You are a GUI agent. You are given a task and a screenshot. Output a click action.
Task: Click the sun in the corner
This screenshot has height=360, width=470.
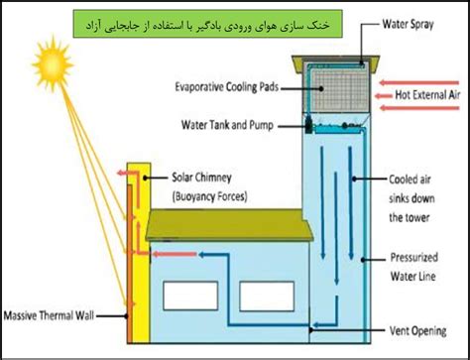click(53, 63)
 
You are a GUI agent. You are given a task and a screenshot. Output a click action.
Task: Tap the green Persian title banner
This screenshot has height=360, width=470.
click(207, 24)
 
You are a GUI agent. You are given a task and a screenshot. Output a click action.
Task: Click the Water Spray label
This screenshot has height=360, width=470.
click(408, 24)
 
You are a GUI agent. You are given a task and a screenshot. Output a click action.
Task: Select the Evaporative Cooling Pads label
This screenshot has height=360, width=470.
click(227, 87)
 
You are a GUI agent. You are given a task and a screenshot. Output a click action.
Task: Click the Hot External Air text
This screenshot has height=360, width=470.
click(427, 95)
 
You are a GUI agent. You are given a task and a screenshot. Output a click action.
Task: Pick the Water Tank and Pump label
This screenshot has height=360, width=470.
click(227, 125)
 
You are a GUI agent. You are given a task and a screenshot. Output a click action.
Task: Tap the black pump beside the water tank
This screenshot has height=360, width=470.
click(308, 125)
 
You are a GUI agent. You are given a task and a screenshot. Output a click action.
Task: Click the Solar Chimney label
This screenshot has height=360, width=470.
click(201, 178)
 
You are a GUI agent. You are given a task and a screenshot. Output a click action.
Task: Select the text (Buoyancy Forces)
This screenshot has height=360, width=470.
click(209, 196)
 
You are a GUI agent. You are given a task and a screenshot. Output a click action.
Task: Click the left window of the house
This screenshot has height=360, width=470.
click(190, 296)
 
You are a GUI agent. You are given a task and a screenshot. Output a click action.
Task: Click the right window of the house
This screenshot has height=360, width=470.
click(267, 297)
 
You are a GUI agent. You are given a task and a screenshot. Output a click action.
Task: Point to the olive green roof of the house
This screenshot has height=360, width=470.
click(229, 225)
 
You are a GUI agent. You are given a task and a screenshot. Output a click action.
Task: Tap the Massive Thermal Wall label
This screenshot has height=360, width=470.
click(49, 315)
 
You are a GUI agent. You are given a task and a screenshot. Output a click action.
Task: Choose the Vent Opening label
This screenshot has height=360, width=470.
click(418, 331)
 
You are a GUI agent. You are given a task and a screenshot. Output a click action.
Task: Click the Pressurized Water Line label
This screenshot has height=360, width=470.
click(414, 267)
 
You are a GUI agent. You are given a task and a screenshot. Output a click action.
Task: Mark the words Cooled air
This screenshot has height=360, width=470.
click(410, 180)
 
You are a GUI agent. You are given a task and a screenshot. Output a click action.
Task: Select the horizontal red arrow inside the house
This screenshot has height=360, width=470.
click(175, 254)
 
